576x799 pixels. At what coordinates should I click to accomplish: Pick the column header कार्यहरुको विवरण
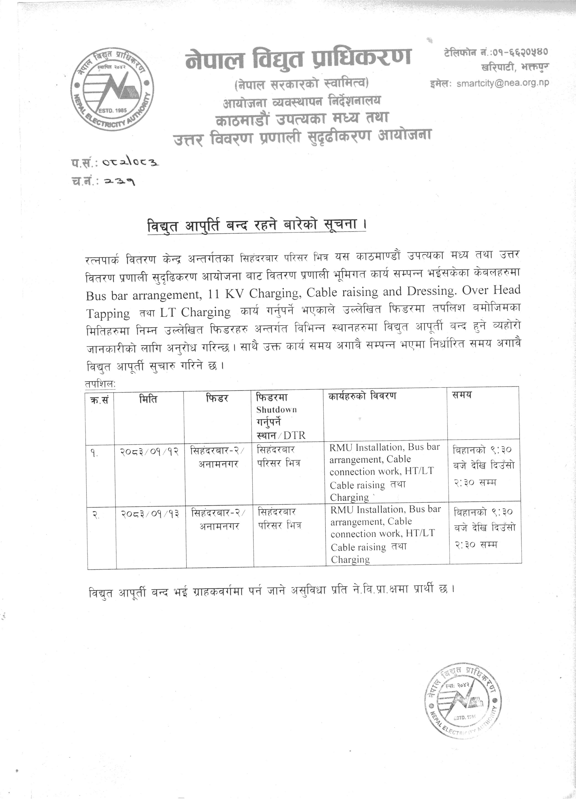362,396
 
